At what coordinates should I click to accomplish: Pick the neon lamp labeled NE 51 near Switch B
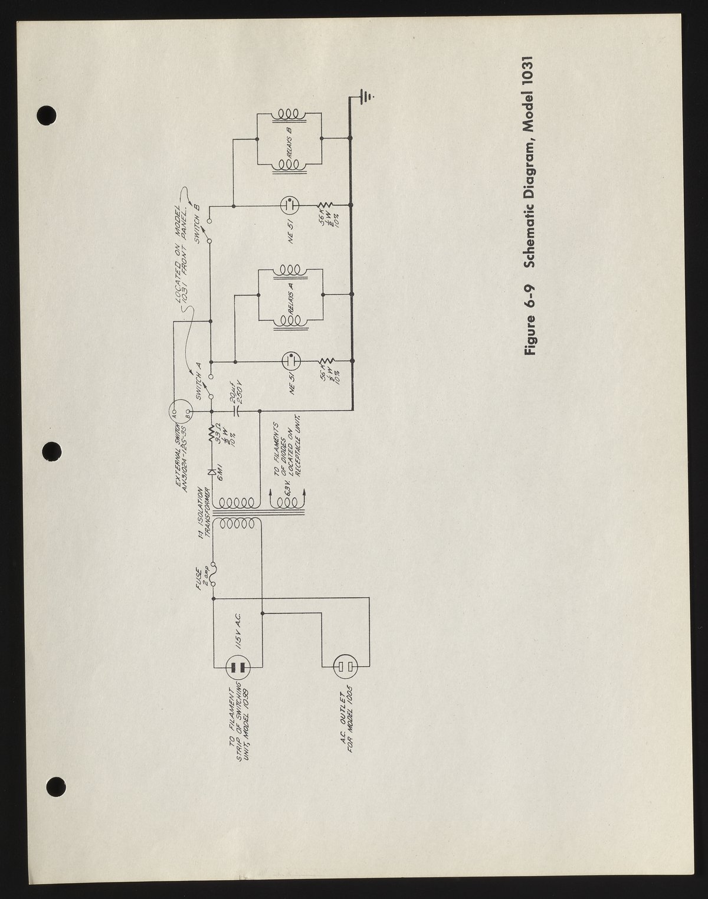289,206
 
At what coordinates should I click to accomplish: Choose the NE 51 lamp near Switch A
289,361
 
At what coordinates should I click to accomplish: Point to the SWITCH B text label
198,218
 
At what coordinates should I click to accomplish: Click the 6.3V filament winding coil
287,502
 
